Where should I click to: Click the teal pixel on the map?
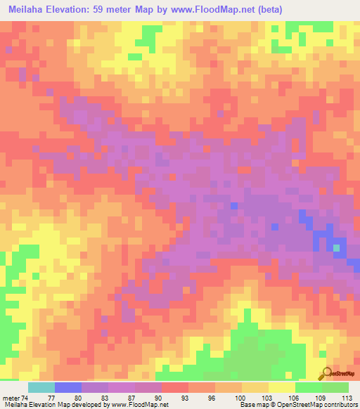[x=337, y=247]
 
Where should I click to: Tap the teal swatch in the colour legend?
[x=41, y=387]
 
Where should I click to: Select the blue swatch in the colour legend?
[x=67, y=387]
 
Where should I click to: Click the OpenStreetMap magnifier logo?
[x=326, y=373]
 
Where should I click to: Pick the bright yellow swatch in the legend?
[x=281, y=387]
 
